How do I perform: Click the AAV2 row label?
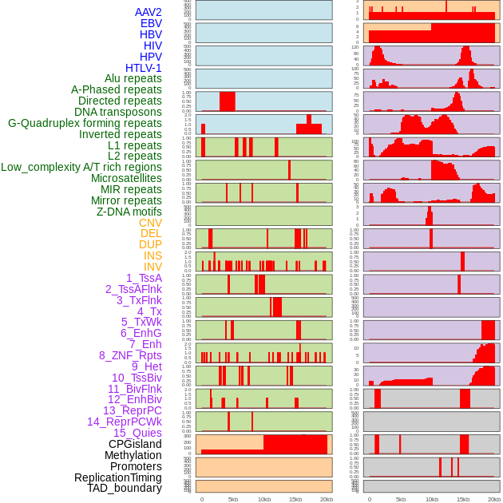tap(148, 12)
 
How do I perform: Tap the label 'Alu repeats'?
tap(133, 78)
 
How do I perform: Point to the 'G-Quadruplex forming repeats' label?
tap(85, 123)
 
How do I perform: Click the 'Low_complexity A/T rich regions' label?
tap(81, 167)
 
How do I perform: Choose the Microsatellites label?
tap(126, 178)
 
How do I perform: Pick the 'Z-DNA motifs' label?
tap(129, 212)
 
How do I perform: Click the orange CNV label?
tap(150, 223)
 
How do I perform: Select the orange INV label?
tap(152, 267)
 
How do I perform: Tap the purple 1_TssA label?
tap(144, 278)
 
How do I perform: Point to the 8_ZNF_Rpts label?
tap(130, 355)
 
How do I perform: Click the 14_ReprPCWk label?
tap(125, 422)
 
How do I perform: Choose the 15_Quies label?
tap(137, 433)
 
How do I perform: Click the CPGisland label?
tap(135, 444)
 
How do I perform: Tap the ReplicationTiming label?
tap(117, 477)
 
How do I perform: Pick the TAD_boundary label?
tap(125, 488)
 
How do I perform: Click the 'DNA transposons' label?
tap(118, 112)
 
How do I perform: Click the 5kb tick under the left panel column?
tap(233, 499)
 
